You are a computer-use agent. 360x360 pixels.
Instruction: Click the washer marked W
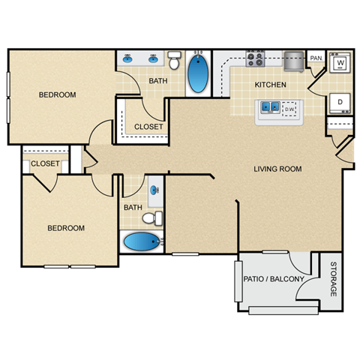point(340,64)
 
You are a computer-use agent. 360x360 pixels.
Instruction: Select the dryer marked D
point(340,102)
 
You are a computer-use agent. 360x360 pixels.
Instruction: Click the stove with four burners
point(256,58)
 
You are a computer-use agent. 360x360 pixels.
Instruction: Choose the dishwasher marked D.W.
point(289,109)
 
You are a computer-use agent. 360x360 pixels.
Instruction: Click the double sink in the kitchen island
point(270,109)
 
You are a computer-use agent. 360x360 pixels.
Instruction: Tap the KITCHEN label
point(270,85)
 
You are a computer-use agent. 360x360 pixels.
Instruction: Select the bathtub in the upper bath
point(198,73)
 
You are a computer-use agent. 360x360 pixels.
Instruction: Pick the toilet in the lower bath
point(152,218)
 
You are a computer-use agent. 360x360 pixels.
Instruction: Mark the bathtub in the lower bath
point(142,243)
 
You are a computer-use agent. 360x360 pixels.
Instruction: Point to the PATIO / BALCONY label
point(273,280)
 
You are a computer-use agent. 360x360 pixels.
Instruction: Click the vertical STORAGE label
point(332,280)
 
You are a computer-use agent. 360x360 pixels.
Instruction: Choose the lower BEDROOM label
point(66,228)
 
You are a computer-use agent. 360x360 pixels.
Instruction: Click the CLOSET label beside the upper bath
point(148,127)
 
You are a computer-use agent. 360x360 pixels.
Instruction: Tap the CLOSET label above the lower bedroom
point(45,163)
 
